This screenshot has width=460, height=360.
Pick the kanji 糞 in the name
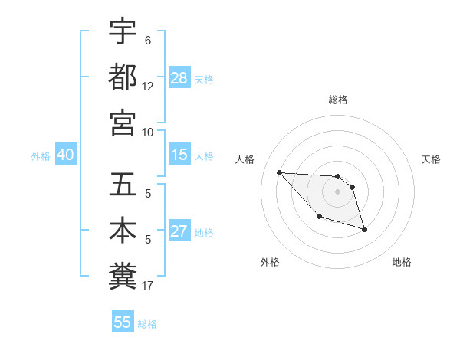123,276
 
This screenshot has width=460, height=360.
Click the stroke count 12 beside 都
148,87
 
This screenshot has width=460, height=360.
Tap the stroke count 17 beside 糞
148,286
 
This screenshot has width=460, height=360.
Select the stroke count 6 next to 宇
148,40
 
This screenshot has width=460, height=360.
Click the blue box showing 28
179,78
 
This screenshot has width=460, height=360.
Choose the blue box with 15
179,155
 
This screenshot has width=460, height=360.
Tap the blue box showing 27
179,231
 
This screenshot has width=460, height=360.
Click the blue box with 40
65,155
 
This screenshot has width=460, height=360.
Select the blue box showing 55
123,322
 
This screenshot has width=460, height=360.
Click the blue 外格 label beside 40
41,156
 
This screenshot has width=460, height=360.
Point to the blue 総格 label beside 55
147,323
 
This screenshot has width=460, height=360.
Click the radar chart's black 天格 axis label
432,159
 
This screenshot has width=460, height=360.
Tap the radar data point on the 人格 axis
279,172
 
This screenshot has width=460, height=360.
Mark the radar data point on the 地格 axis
364,229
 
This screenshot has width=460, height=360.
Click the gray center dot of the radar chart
337,191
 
